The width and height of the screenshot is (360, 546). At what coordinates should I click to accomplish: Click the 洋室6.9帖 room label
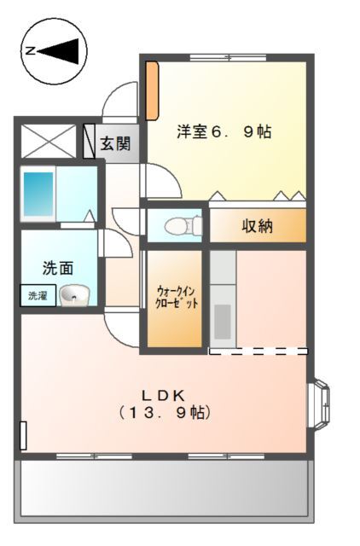pos(224,132)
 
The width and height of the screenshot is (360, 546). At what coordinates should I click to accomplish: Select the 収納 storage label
pos(257,226)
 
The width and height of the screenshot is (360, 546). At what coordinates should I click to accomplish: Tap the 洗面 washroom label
pos(57,268)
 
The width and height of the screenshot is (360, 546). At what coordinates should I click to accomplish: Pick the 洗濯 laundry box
pos(38,296)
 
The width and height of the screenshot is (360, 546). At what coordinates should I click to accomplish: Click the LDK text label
pos(164,394)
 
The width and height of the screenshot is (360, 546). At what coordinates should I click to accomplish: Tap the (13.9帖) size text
pos(164,412)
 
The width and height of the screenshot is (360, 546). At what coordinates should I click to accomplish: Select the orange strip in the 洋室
pos(151,90)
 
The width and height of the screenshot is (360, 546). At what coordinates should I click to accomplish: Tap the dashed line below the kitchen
pos(258,351)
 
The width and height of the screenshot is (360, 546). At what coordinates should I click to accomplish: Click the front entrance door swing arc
pos(119,98)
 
